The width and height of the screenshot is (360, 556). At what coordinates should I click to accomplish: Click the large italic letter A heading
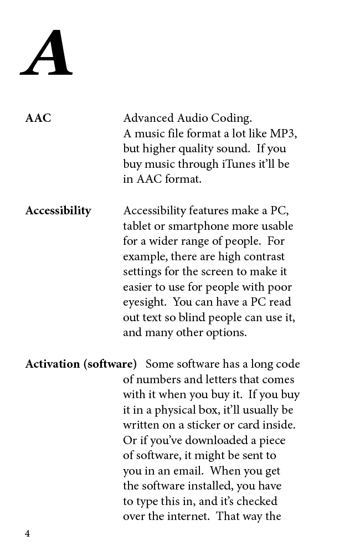[x=47, y=54]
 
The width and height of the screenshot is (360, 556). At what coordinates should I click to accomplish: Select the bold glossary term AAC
[x=38, y=118]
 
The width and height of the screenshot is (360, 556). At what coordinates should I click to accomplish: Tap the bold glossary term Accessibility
[x=58, y=210]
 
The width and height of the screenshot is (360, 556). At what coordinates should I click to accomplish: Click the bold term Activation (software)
[x=81, y=364]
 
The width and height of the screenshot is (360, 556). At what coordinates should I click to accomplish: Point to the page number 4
[x=27, y=533]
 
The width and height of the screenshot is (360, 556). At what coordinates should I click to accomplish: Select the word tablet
[x=137, y=226]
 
